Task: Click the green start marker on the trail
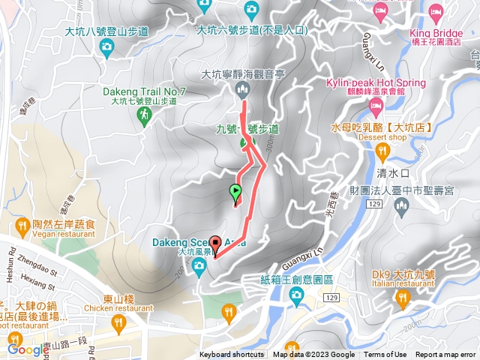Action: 235,193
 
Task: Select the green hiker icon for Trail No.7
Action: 143,115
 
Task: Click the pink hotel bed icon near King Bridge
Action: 380,10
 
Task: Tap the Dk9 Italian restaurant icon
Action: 403,300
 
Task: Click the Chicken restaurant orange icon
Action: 118,324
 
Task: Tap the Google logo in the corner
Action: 28,349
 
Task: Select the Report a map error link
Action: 446,355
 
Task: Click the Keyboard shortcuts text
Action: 232,355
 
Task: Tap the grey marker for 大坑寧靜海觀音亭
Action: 241,91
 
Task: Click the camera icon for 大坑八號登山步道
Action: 106,47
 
